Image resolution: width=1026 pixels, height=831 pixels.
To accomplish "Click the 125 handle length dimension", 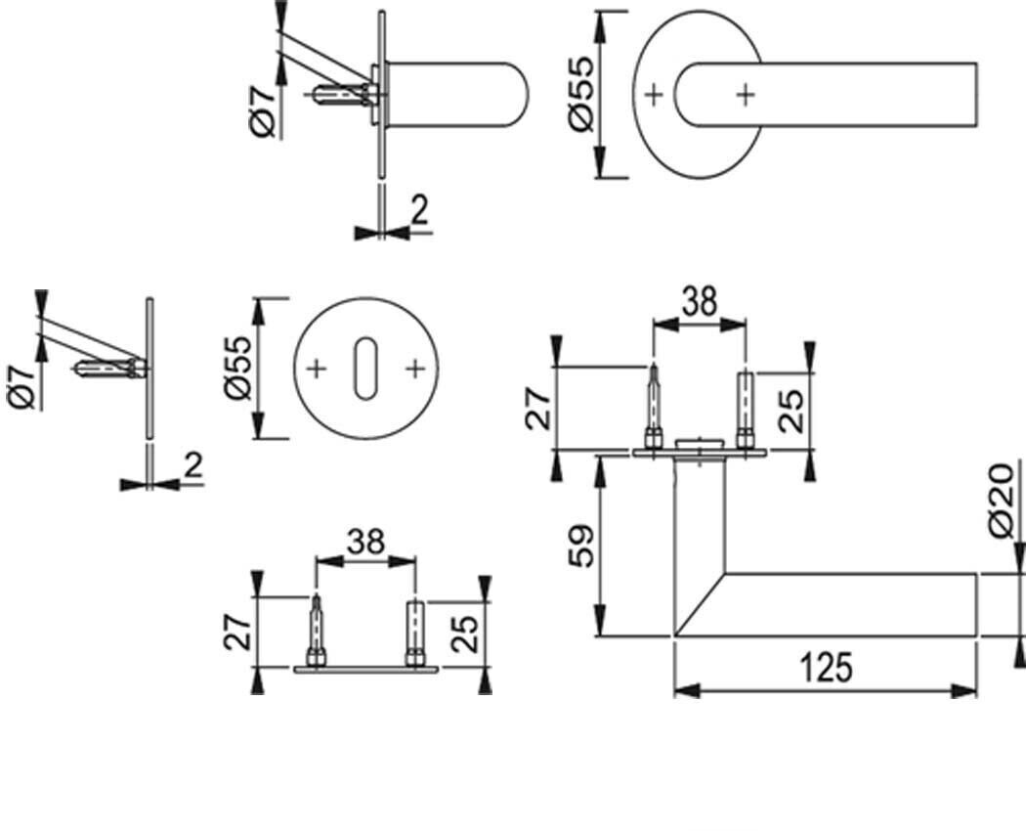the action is (x=827, y=668).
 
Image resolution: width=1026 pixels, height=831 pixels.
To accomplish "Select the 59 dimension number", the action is (x=580, y=546).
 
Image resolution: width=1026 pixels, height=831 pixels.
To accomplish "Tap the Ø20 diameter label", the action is (x=1002, y=501).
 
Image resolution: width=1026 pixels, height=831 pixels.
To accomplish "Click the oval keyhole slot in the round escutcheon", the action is (x=365, y=368).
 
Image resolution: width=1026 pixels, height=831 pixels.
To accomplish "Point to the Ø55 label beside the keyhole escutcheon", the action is (x=236, y=368).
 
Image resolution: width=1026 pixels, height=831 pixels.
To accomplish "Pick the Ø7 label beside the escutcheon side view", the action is (x=22, y=388).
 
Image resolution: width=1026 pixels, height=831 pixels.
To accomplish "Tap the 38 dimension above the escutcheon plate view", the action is (x=365, y=543).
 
